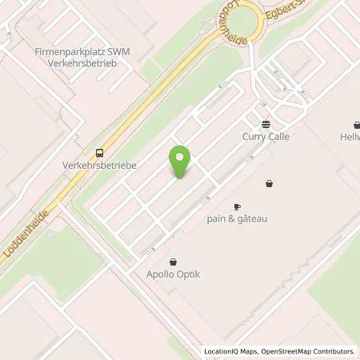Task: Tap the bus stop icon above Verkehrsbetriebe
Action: tap(100, 153)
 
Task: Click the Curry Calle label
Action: tap(266, 136)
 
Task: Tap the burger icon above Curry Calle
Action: tap(266, 124)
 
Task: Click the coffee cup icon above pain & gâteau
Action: tap(237, 206)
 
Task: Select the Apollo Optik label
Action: tap(173, 274)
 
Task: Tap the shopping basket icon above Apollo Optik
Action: tap(173, 262)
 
